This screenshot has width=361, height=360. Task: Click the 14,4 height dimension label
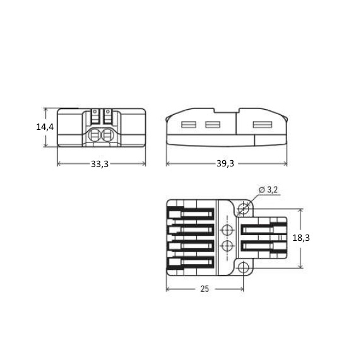click(45, 127)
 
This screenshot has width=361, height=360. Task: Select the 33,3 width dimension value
click(100, 164)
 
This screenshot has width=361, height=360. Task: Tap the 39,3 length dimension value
click(225, 163)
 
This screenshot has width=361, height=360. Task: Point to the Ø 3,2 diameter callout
click(268, 190)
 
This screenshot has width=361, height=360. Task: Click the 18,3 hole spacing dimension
click(301, 238)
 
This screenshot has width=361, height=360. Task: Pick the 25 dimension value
click(204, 289)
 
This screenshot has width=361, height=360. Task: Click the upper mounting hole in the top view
click(244, 209)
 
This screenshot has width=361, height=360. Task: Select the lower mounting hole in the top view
click(244, 268)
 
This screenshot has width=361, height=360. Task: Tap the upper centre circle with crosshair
click(227, 229)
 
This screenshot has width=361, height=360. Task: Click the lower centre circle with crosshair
click(227, 246)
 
